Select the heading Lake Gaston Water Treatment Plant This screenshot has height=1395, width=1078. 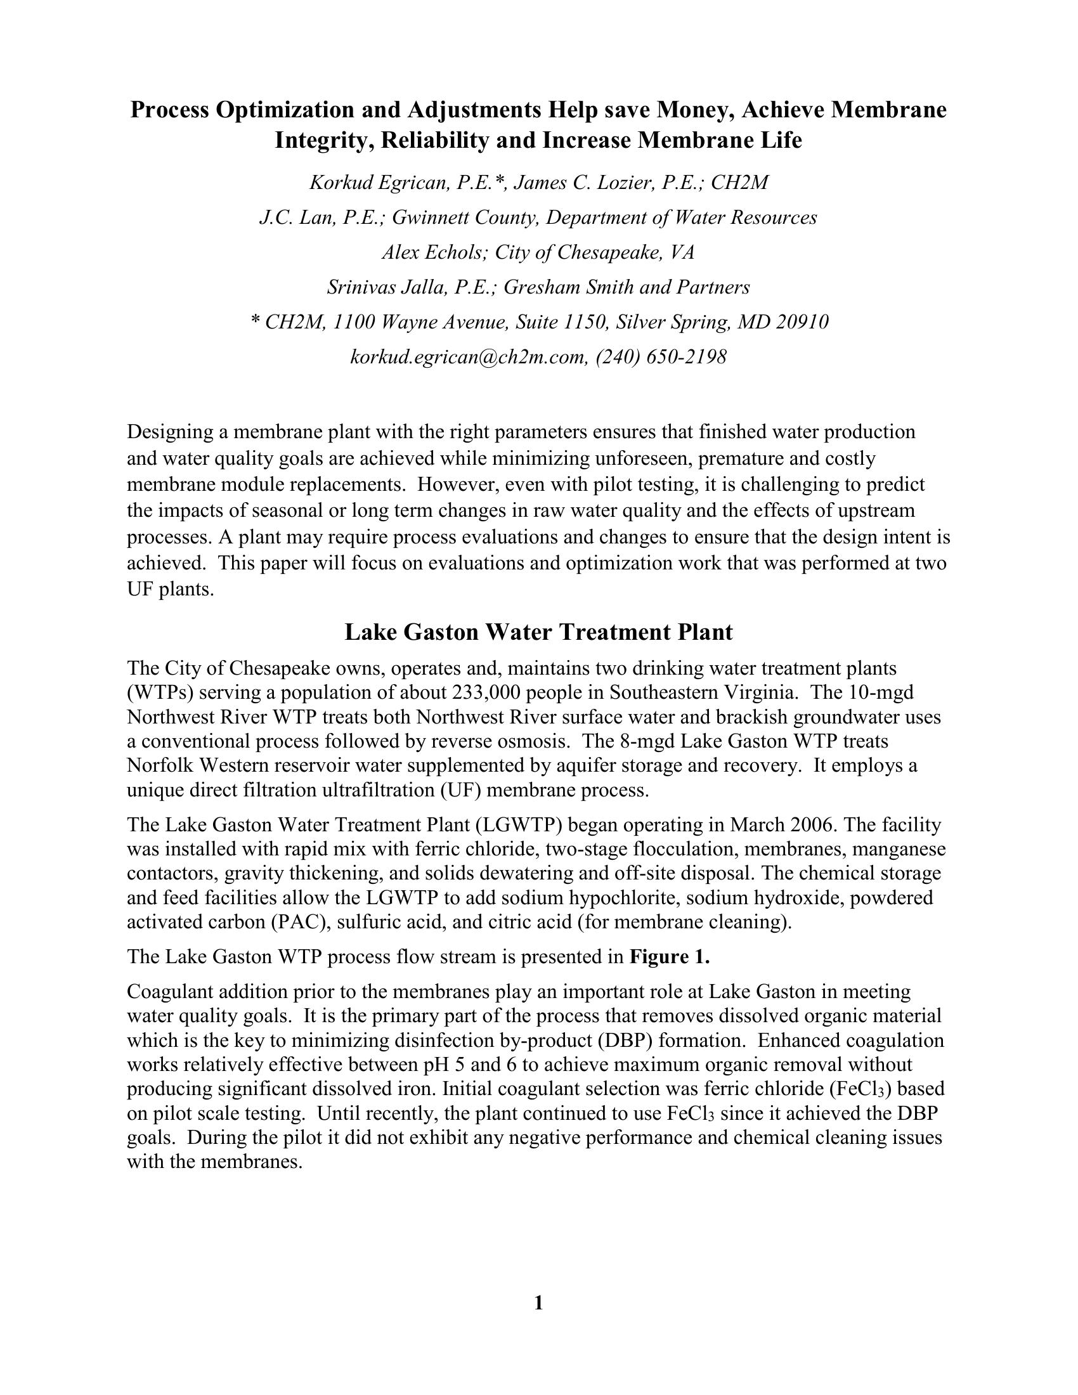tap(538, 632)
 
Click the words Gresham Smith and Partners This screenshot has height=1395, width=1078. tap(627, 287)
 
